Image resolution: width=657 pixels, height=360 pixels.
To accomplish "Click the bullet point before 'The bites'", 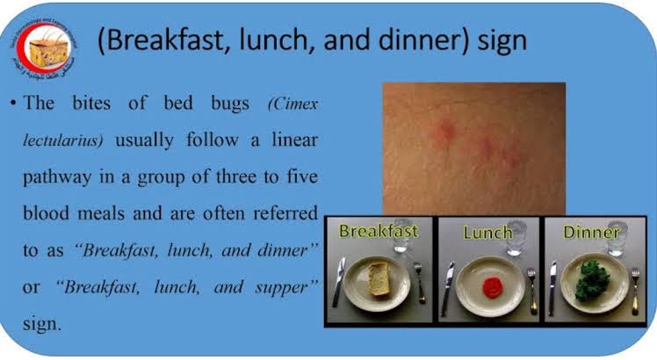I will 16,104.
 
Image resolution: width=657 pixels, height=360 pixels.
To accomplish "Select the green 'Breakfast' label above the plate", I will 379,233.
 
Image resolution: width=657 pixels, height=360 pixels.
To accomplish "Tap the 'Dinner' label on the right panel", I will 590,234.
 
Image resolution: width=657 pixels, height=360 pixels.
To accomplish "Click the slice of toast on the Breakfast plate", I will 379,278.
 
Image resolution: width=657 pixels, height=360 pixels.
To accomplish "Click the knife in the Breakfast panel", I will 339,282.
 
